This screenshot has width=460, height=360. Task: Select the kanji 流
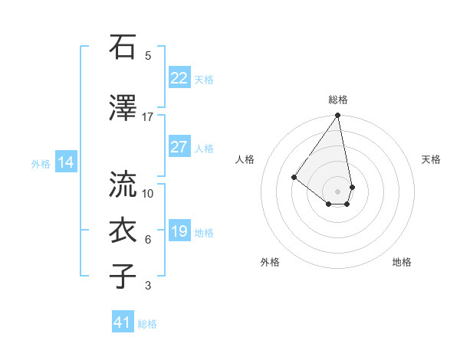(x=123, y=184)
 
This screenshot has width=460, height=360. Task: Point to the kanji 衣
(x=123, y=231)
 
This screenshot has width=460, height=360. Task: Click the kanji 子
(x=123, y=277)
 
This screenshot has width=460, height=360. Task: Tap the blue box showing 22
(x=179, y=78)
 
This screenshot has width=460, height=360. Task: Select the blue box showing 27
(x=179, y=148)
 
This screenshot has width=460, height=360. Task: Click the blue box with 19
(x=179, y=232)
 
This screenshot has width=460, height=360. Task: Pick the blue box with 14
(x=65, y=162)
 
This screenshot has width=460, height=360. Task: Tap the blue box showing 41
(x=123, y=322)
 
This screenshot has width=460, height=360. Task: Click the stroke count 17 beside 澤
(x=147, y=116)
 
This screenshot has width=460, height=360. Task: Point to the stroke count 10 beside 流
(x=148, y=193)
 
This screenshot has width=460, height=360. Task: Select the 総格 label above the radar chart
(x=338, y=100)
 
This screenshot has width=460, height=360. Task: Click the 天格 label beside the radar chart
(x=432, y=159)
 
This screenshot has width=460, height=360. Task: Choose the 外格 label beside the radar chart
(x=270, y=262)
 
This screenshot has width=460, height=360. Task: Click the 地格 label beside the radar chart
(x=402, y=262)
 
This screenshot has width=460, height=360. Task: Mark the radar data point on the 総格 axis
(x=337, y=116)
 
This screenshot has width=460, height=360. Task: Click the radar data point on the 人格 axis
(x=294, y=177)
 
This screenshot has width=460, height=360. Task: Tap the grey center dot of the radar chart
(x=337, y=191)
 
